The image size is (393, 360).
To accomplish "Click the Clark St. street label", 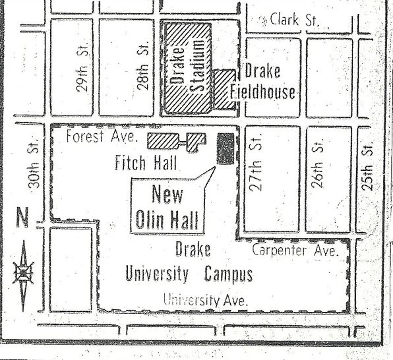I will click(x=293, y=20).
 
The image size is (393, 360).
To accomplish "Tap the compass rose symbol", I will click(x=24, y=272).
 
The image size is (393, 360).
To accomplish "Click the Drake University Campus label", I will click(x=191, y=264).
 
